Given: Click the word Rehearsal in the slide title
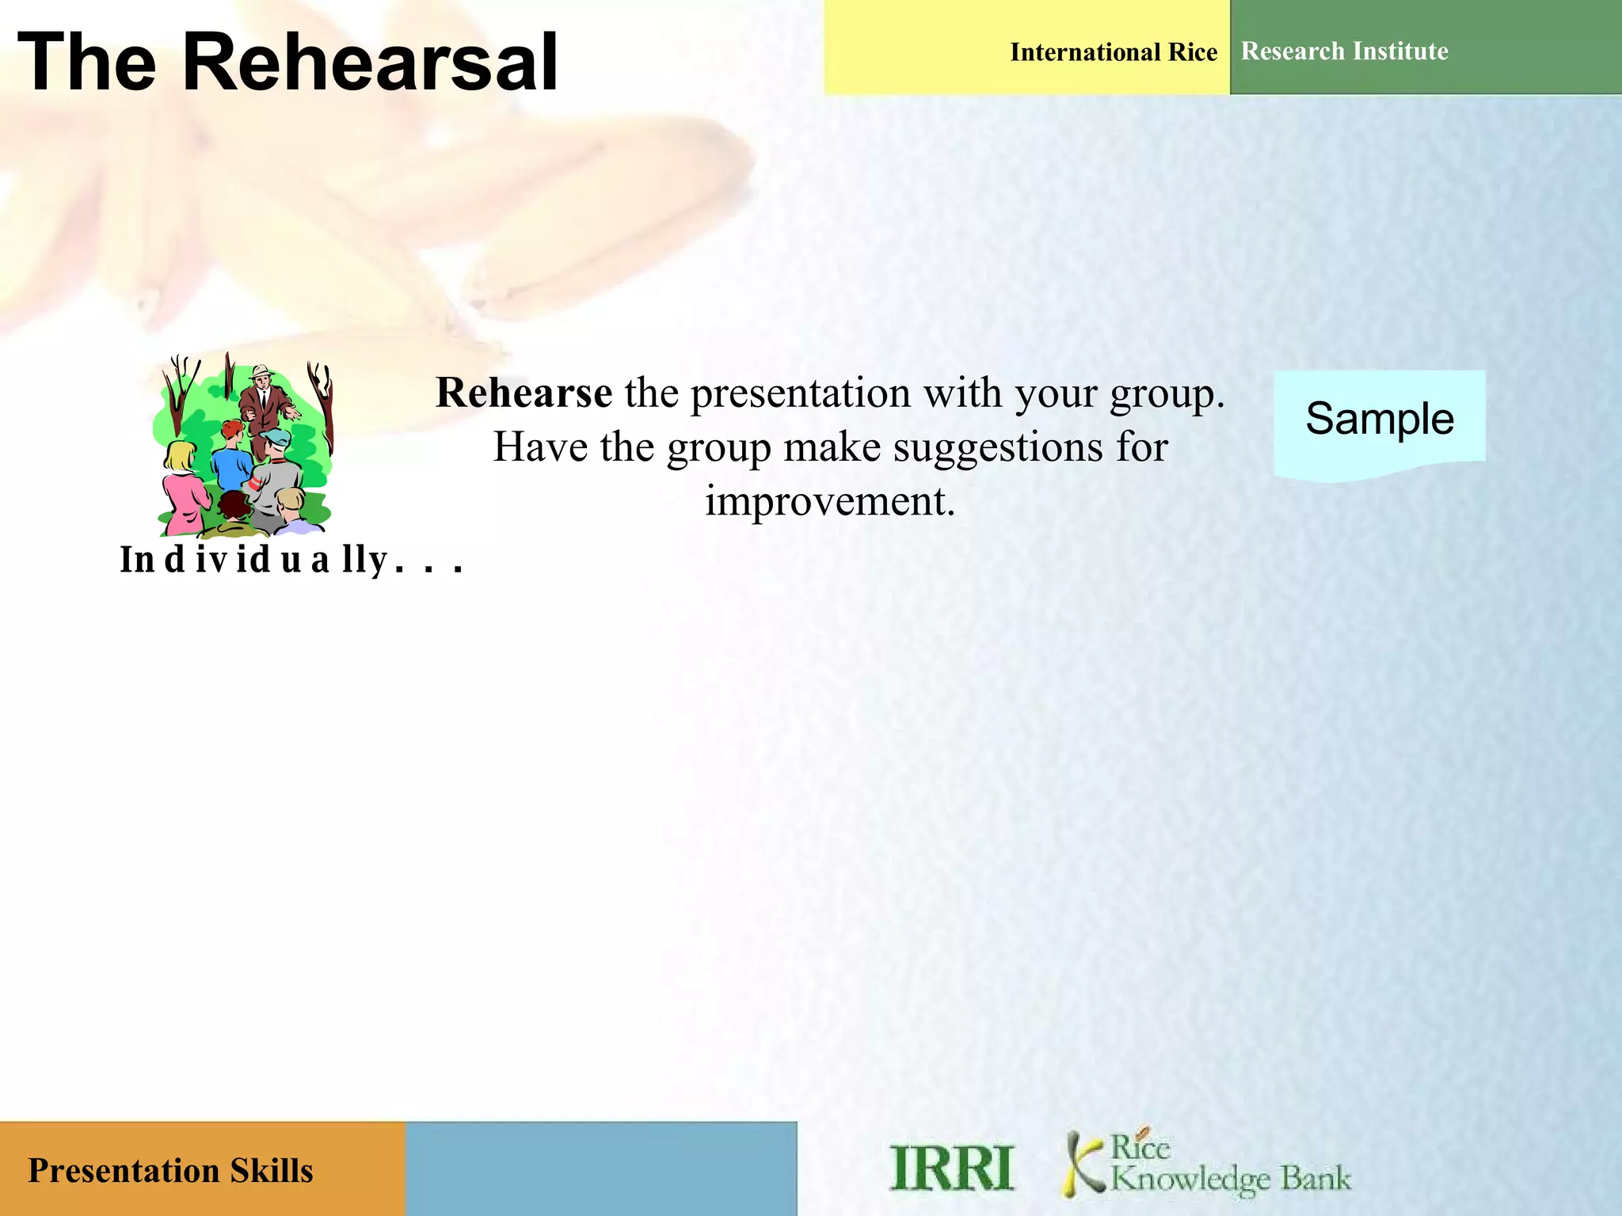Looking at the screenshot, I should (370, 63).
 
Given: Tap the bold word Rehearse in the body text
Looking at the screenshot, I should (524, 393).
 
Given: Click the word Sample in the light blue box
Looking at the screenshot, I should (1379, 418).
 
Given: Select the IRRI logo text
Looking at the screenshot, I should (951, 1168).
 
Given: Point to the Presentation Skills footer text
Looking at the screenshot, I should (170, 1170).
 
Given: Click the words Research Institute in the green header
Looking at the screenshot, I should (1344, 51).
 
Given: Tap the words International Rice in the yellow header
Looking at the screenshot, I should (1113, 52).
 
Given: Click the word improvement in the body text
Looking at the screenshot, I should (830, 501).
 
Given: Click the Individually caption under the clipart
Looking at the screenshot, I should (290, 560).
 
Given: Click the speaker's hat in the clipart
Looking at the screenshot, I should (261, 370).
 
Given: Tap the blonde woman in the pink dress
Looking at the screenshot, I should (183, 491).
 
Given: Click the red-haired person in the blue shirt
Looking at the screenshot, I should (232, 459).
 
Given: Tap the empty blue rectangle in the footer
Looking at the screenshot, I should (600, 1168).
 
